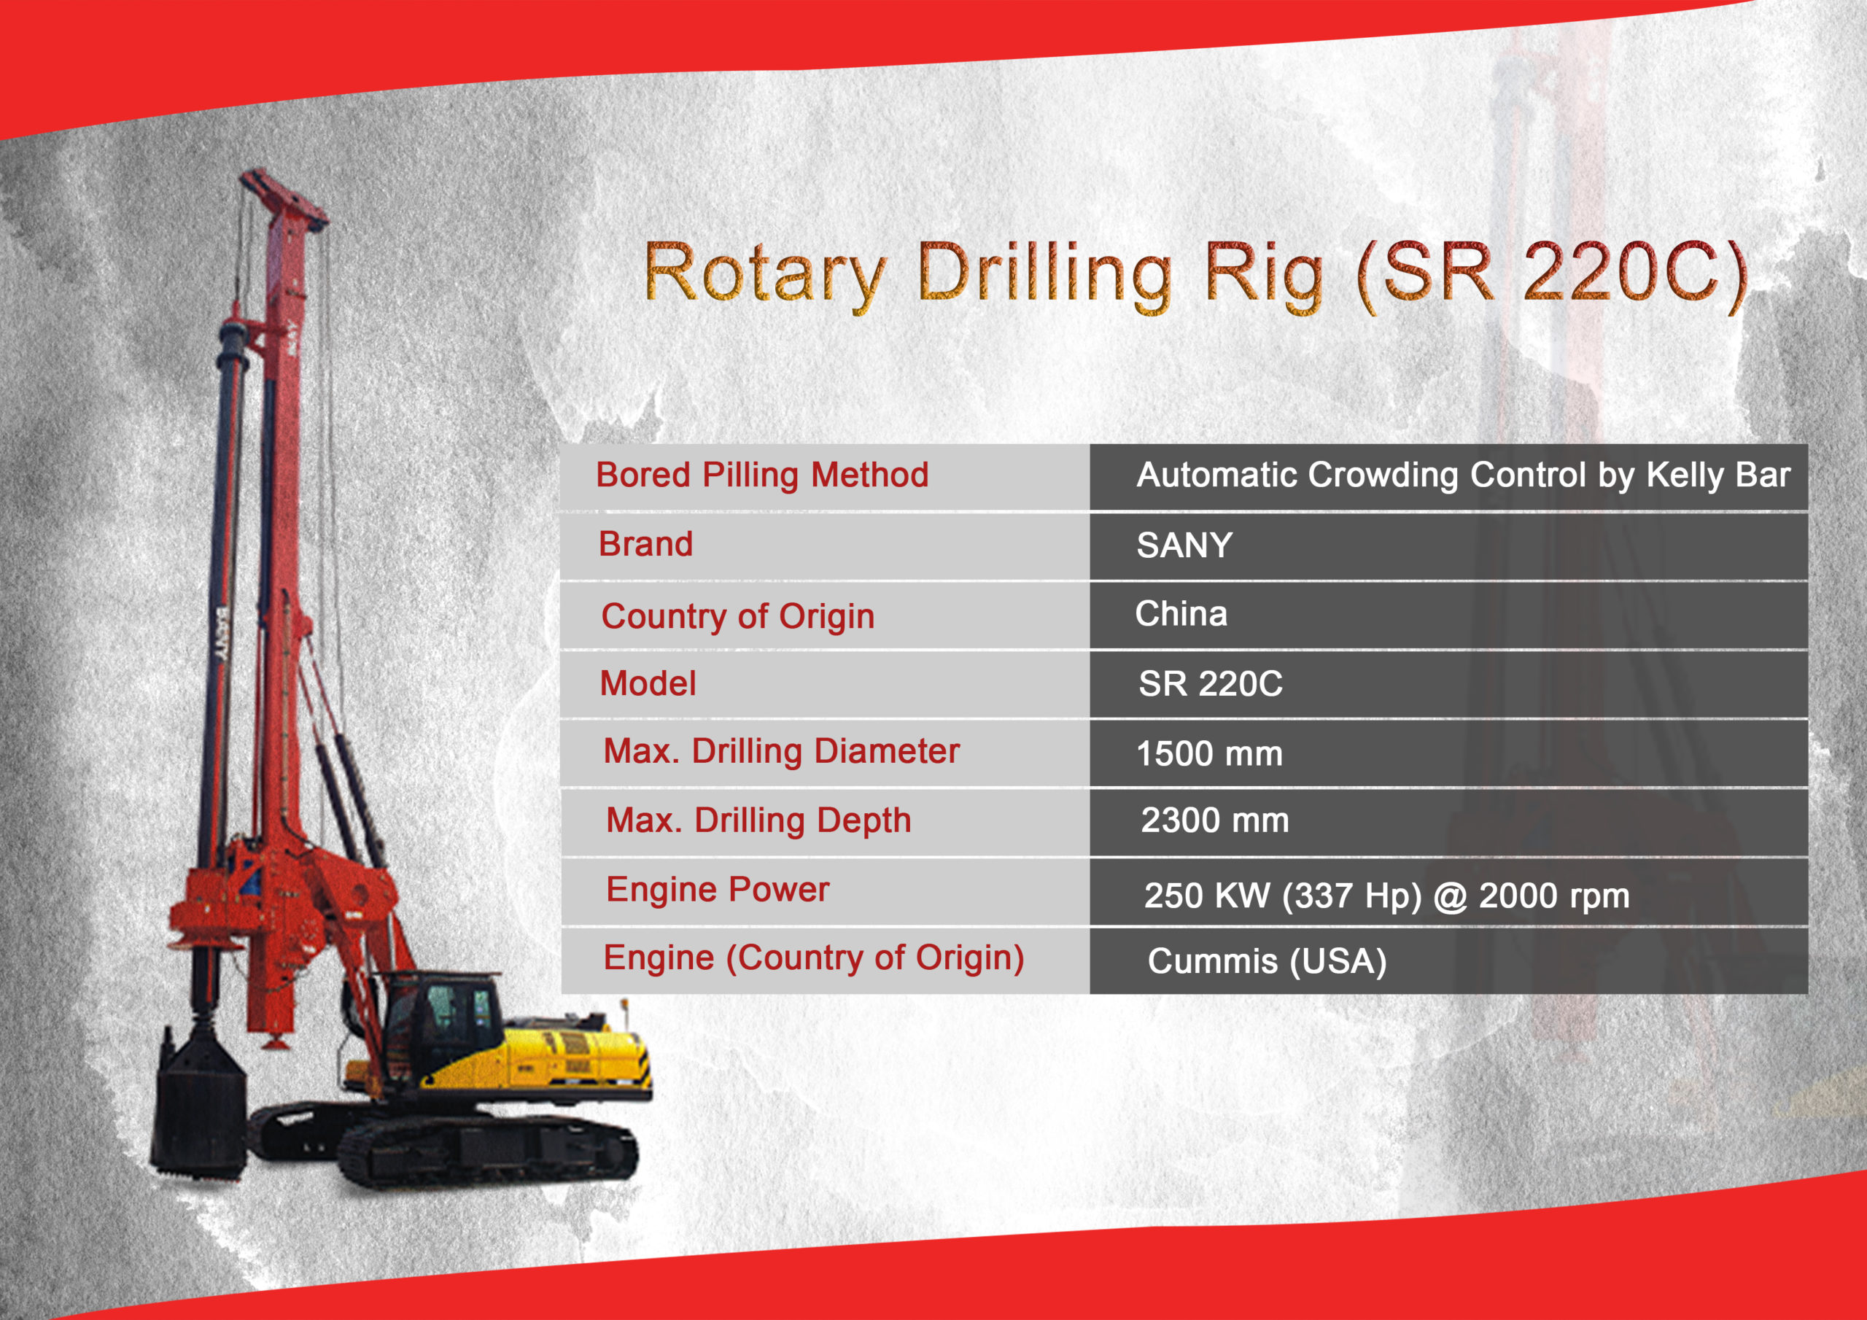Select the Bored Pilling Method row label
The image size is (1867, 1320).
(x=762, y=475)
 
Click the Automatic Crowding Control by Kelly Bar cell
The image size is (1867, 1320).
(x=1463, y=475)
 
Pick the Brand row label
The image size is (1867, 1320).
(x=645, y=544)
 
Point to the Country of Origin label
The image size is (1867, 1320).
(x=737, y=616)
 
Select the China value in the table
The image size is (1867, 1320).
(x=1181, y=614)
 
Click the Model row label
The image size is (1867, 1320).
(x=648, y=683)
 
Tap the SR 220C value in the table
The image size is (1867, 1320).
(x=1210, y=684)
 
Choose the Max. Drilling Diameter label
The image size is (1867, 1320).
(x=781, y=751)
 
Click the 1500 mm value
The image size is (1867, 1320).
(x=1209, y=754)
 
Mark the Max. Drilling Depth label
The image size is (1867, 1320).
(x=758, y=820)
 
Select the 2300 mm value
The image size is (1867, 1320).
(x=1215, y=820)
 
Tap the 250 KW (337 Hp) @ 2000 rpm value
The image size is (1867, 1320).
(x=1386, y=896)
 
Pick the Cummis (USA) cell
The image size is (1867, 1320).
(x=1267, y=961)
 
